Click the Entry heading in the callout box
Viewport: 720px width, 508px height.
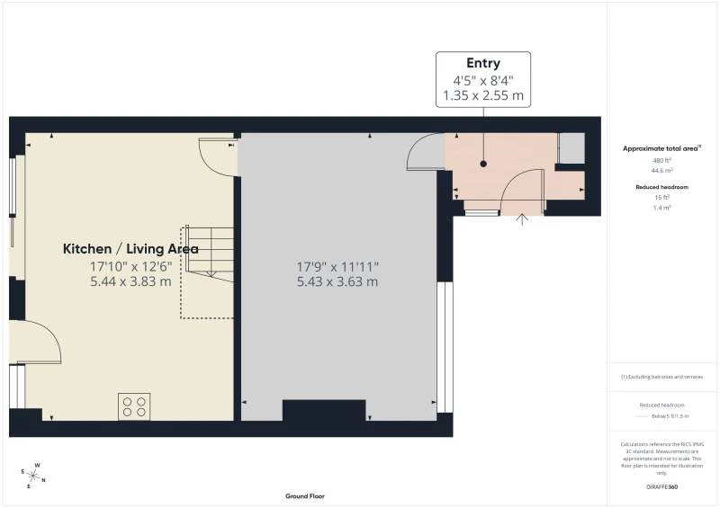point(483,63)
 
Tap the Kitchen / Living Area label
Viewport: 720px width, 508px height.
point(130,249)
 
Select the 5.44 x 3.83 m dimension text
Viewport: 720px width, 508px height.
point(130,281)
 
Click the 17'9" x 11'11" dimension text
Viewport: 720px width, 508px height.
point(338,266)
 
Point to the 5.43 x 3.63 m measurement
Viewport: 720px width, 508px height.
point(338,281)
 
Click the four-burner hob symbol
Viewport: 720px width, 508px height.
point(134,406)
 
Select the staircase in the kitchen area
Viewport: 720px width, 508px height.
point(208,270)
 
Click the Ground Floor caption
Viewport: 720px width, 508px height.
point(304,496)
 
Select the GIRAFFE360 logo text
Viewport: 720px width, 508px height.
point(661,486)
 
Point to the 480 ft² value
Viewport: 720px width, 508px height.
point(661,160)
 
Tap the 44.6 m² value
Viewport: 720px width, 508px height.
point(661,169)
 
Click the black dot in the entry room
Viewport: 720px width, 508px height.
point(483,164)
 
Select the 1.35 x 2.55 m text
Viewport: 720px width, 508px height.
point(483,94)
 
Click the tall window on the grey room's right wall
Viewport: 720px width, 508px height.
point(443,346)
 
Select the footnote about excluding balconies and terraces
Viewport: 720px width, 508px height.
point(661,377)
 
